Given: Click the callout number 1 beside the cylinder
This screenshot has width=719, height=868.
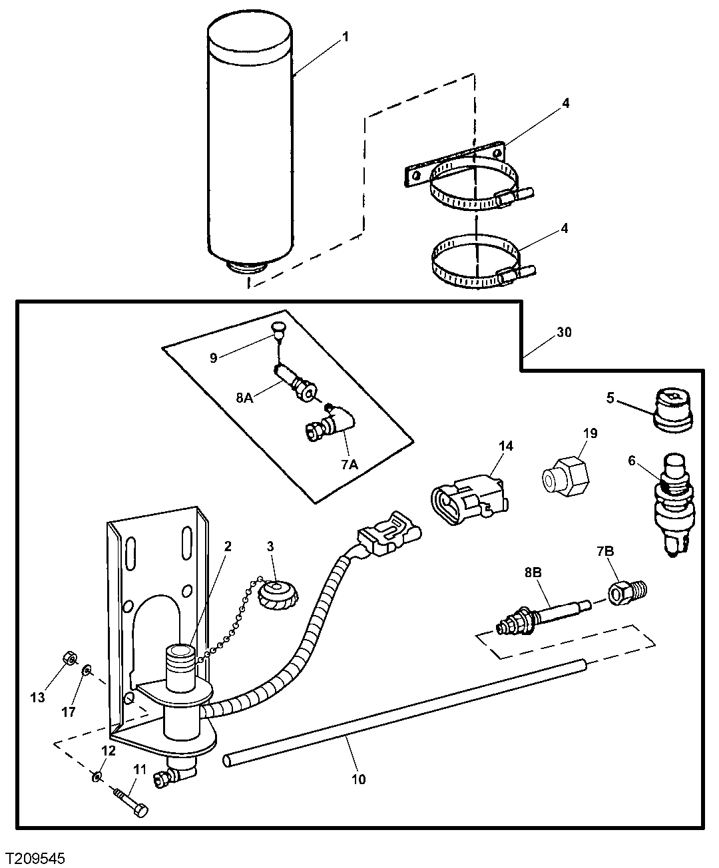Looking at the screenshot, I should pyautogui.click(x=345, y=38).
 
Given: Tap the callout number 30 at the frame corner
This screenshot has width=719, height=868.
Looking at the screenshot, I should pyautogui.click(x=563, y=332).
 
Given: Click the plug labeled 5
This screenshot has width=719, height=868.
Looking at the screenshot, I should pyautogui.click(x=673, y=409).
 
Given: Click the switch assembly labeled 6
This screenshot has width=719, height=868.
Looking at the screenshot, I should pyautogui.click(x=672, y=506).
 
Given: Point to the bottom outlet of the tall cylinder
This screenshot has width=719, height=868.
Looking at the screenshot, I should pyautogui.click(x=248, y=268).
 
